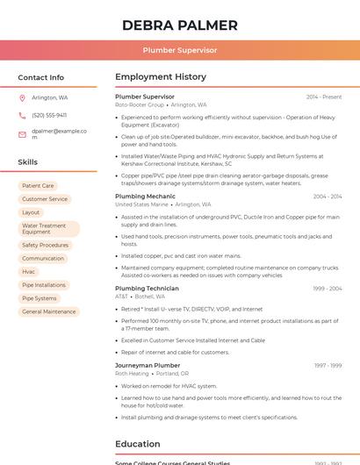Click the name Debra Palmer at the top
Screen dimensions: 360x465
(180, 25)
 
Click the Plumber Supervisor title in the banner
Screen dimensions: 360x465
(180, 50)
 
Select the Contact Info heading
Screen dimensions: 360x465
(41, 77)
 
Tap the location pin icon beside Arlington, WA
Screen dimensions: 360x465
(22, 97)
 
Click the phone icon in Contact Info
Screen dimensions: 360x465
(22, 115)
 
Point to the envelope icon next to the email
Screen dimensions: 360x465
(22, 134)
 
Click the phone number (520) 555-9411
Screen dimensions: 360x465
(49, 115)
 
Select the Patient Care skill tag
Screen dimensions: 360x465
(38, 186)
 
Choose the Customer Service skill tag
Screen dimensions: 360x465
(45, 199)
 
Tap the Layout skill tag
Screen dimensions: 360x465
(31, 212)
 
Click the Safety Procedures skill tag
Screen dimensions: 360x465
(45, 246)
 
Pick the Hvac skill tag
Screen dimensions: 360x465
(29, 272)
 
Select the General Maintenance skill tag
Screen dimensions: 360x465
(49, 311)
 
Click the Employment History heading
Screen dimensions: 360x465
(161, 77)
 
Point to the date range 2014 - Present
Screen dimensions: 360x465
(324, 97)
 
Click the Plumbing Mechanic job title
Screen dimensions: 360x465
(145, 197)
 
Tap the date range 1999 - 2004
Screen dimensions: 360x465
(328, 289)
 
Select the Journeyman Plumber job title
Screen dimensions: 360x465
(148, 365)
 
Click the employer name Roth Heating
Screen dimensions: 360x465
(133, 373)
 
